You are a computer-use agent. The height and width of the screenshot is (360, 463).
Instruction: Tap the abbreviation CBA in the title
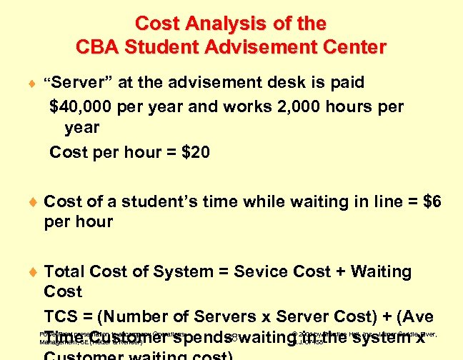click(x=96, y=48)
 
